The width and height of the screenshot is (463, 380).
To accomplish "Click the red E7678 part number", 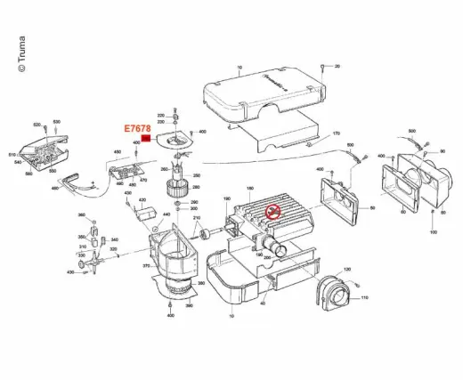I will point(136,128).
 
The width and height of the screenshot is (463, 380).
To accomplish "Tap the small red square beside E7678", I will point(146,140).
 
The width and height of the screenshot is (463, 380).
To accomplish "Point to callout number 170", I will point(337,133).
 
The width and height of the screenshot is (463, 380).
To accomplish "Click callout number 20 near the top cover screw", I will point(337,67).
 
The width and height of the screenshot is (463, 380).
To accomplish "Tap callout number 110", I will point(364,297).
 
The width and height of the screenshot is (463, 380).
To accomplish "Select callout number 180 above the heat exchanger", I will point(250,190).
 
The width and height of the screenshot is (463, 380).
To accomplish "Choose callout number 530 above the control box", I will point(56,121).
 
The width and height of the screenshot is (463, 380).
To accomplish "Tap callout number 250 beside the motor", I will point(196,176).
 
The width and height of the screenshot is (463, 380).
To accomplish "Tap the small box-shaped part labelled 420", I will point(141,214).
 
